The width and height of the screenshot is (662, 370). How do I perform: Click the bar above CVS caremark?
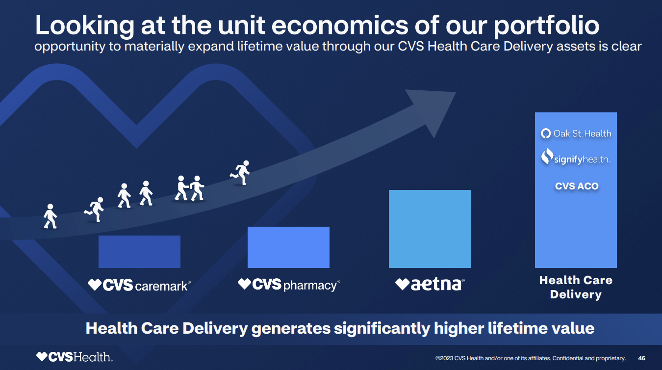139,251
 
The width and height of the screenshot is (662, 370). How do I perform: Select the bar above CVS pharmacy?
288,247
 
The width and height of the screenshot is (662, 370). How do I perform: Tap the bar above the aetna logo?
430,229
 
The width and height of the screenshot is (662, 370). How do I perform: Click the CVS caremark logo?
139,285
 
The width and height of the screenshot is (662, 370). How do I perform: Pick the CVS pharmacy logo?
289,285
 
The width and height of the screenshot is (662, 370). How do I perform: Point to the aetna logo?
430,284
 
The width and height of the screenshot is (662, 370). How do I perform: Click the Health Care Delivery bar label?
576,287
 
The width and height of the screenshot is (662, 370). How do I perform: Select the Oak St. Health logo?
576,133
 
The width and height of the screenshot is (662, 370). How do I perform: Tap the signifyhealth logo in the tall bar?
576,158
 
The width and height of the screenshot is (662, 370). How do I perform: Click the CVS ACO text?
577,186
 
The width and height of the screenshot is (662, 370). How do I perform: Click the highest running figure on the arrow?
241,172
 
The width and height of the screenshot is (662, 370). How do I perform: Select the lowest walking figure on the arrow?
50,216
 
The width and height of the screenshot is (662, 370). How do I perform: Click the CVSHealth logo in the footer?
74,357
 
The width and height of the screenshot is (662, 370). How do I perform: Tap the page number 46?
641,358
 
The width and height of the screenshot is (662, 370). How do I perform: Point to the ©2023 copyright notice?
530,358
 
